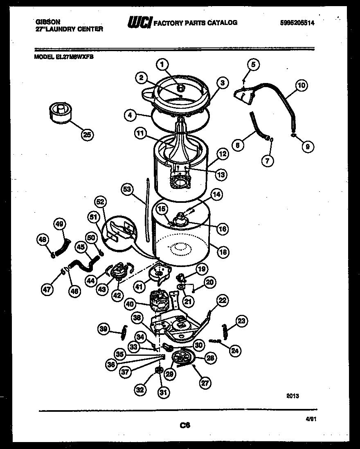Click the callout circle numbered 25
pyautogui.click(x=87, y=135)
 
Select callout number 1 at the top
pyautogui.click(x=162, y=64)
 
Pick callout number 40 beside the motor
pyautogui.click(x=130, y=304)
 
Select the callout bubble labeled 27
pyautogui.click(x=204, y=383)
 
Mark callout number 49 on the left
pyautogui.click(x=60, y=224)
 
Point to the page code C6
pyautogui.click(x=185, y=425)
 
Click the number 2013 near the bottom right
pyautogui.click(x=292, y=395)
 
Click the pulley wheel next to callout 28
pyautogui.click(x=182, y=358)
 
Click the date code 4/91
pyautogui.click(x=311, y=419)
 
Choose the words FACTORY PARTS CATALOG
pyautogui.click(x=195, y=23)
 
